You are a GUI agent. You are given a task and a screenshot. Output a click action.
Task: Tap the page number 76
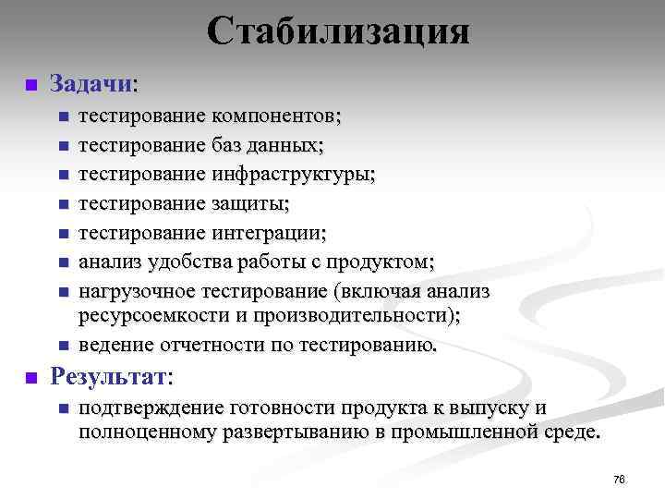[619, 479]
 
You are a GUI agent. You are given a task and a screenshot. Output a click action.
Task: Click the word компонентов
[275, 116]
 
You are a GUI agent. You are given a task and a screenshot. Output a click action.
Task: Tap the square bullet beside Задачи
[30, 85]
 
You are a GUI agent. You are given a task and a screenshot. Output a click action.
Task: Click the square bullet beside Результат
[30, 378]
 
